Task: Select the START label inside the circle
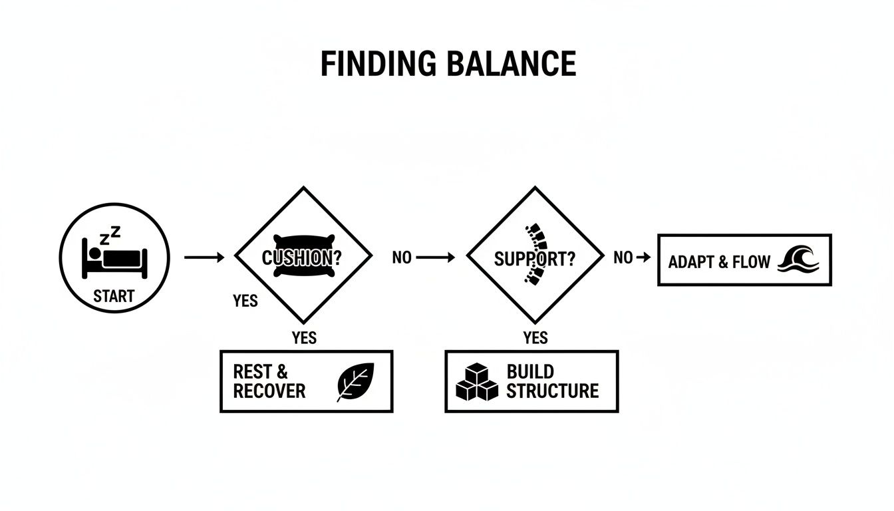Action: click(114, 296)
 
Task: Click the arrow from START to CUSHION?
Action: click(204, 257)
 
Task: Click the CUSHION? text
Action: click(297, 258)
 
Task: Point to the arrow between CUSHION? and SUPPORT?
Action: click(436, 257)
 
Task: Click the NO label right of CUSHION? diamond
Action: click(402, 257)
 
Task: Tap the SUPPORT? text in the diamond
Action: click(534, 259)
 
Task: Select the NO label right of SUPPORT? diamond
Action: click(623, 257)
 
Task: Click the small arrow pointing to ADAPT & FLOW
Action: click(643, 257)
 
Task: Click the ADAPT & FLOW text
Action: click(719, 261)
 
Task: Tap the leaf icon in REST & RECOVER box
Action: click(356, 382)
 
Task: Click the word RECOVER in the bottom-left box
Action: click(269, 391)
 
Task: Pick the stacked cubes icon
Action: click(477, 382)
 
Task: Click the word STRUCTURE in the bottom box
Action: click(552, 391)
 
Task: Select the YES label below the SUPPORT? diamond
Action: click(535, 338)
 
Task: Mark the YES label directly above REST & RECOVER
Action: click(304, 338)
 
